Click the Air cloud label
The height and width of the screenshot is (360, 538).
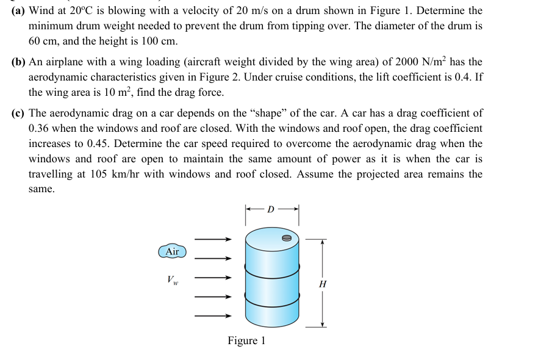[173, 251]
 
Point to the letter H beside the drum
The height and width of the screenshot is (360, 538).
[323, 284]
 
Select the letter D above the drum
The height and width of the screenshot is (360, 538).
[271, 209]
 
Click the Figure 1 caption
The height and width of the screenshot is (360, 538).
[246, 340]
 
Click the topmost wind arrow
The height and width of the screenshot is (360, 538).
[214, 240]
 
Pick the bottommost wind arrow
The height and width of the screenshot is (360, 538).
[214, 316]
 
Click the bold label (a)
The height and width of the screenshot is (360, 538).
[18, 11]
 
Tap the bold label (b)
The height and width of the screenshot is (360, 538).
[19, 62]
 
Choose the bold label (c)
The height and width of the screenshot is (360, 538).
[18, 113]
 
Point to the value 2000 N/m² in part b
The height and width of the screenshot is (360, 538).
[421, 62]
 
